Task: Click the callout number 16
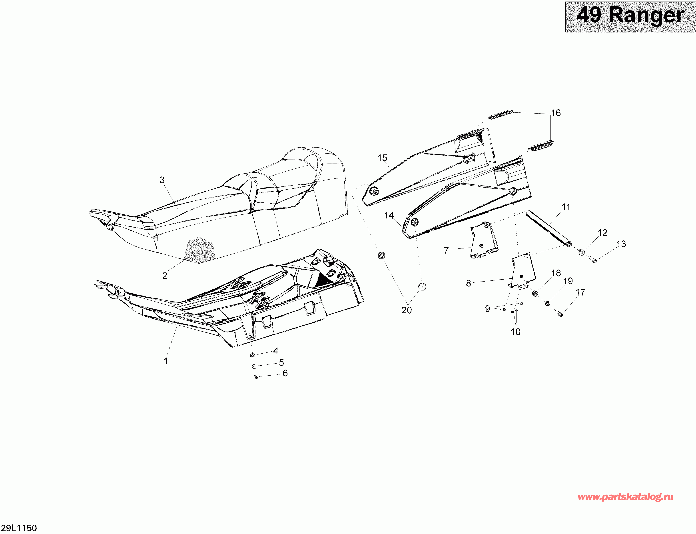pos(556,113)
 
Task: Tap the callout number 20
pos(406,310)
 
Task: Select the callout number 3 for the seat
pos(162,180)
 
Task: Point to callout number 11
pos(566,207)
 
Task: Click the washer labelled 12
pos(582,253)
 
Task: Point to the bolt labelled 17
pos(560,314)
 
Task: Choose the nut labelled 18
pos(535,293)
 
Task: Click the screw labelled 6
pos(256,377)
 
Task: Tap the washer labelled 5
pos(254,366)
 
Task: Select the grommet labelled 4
pos(253,355)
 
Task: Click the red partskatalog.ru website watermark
pos(625,497)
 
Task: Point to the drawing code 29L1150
pos(19,528)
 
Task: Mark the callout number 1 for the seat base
pos(166,361)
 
